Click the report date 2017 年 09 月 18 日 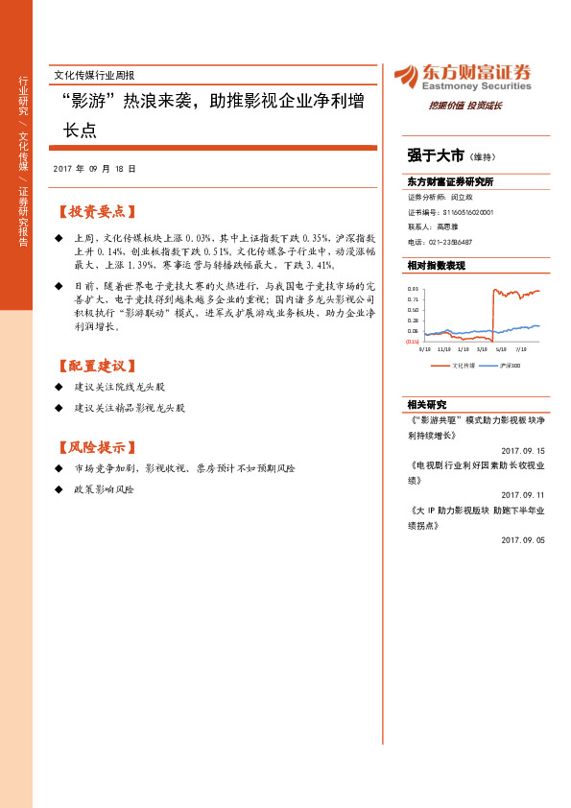coord(94,168)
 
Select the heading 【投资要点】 coord(97,211)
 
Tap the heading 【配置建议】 coord(97,366)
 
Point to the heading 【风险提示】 coord(97,447)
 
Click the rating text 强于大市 coord(436,154)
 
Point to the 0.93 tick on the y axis coord(412,289)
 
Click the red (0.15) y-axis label coord(412,342)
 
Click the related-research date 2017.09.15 coord(522,450)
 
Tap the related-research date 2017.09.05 coord(522,540)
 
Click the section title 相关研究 coord(427,405)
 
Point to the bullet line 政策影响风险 coord(104,489)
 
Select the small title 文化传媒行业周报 coord(94,74)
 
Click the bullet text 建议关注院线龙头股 coord(120,387)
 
